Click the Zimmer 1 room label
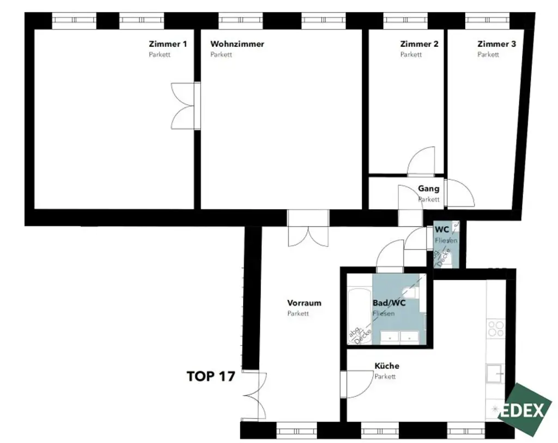click(168, 44)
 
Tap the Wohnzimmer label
click(237, 44)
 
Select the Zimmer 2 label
click(419, 44)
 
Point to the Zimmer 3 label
click(496, 44)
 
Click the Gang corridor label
click(428, 189)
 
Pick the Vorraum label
click(304, 303)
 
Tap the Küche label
click(386, 366)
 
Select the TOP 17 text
click(210, 376)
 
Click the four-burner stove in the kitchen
click(496, 329)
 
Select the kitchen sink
click(495, 374)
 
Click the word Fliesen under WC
click(446, 240)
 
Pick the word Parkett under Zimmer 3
click(488, 55)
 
